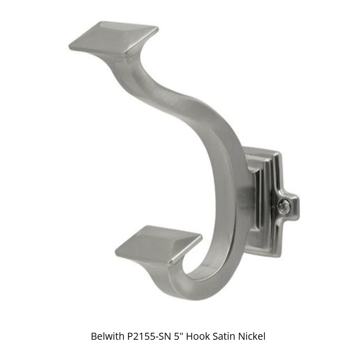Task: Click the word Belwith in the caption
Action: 107,336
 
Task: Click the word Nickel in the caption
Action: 252,336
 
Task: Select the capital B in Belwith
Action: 94,336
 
